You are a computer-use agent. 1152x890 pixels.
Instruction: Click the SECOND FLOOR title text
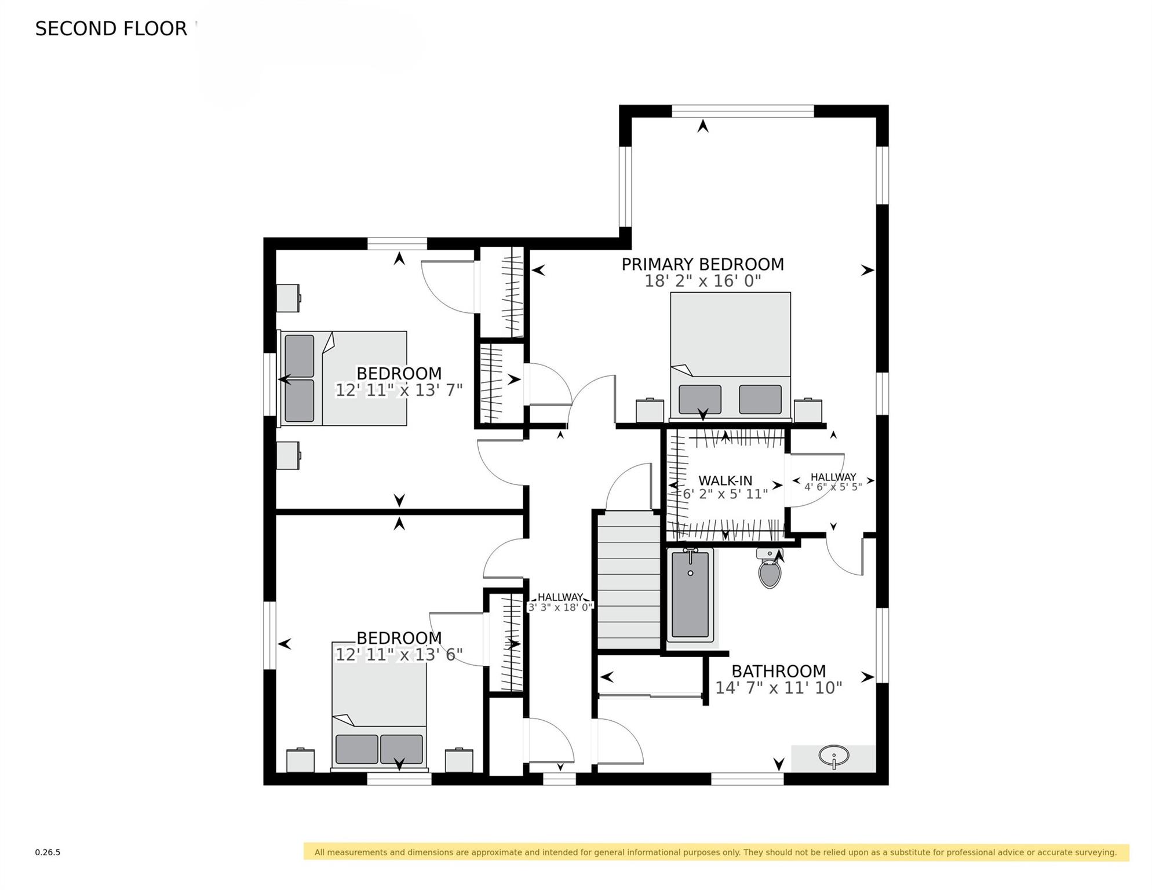[111, 28]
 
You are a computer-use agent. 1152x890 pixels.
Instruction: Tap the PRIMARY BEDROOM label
[702, 264]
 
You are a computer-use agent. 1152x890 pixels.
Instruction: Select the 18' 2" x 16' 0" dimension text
[702, 281]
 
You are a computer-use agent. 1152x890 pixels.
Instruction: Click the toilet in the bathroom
[770, 568]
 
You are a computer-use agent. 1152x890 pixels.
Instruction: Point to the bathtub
[690, 595]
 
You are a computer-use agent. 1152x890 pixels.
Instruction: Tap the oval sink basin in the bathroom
[834, 756]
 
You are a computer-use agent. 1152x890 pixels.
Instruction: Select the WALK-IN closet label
[725, 480]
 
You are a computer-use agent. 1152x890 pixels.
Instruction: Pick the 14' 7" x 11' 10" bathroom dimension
[778, 688]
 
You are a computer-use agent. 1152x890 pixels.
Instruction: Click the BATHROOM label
[778, 671]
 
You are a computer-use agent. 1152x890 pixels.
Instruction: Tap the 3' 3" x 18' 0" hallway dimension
[560, 607]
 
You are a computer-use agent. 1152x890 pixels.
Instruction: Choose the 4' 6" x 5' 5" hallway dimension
[833, 487]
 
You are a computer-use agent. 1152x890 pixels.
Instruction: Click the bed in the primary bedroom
[730, 355]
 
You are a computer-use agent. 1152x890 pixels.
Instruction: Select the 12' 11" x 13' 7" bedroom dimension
[399, 390]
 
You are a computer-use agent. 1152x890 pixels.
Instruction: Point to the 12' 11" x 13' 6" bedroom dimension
[399, 655]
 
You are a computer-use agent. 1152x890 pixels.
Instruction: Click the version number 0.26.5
[48, 852]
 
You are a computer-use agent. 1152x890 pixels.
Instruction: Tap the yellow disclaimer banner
[716, 852]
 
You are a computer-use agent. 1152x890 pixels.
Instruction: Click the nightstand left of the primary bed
[650, 410]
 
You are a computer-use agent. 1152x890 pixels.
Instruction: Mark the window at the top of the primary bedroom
[743, 111]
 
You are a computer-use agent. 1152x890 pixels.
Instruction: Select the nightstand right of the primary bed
[808, 410]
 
